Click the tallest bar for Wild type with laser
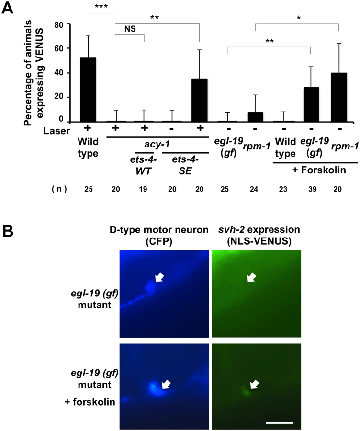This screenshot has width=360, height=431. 88,90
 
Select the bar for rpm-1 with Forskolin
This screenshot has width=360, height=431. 339,97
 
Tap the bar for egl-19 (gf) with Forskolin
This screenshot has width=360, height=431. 311,104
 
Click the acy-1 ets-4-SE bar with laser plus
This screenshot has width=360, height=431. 200,100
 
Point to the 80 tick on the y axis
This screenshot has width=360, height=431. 69,24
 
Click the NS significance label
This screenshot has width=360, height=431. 130,29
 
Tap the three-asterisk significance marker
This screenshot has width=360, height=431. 101,6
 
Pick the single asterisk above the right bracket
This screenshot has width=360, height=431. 299,18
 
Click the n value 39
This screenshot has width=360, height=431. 312,189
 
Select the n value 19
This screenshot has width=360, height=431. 143,189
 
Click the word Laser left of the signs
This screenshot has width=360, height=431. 56,131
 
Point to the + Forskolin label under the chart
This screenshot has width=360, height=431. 319,170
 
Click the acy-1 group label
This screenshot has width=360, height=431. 157,144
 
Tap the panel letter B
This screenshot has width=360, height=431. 8,231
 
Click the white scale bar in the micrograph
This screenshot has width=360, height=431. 280,422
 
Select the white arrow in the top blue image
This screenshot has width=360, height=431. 159,277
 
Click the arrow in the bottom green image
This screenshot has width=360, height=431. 255,384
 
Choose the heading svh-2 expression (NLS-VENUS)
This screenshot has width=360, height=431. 259,235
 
